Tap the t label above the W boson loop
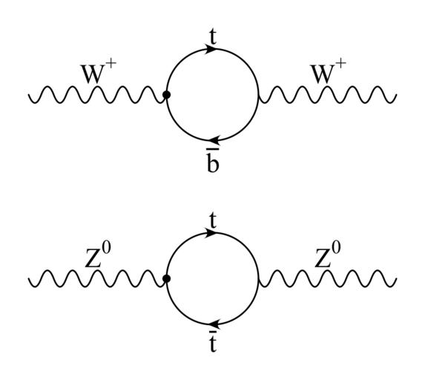[214, 37]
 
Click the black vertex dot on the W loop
[166, 95]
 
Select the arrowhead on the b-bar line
[214, 140]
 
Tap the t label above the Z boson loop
[214, 221]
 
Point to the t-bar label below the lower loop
[214, 341]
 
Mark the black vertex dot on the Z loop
[166, 278]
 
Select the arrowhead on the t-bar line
[214, 324]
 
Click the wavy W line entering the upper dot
[96, 95]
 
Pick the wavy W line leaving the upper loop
[328, 95]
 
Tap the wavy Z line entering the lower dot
[96, 278]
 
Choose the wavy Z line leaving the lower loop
[328, 278]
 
